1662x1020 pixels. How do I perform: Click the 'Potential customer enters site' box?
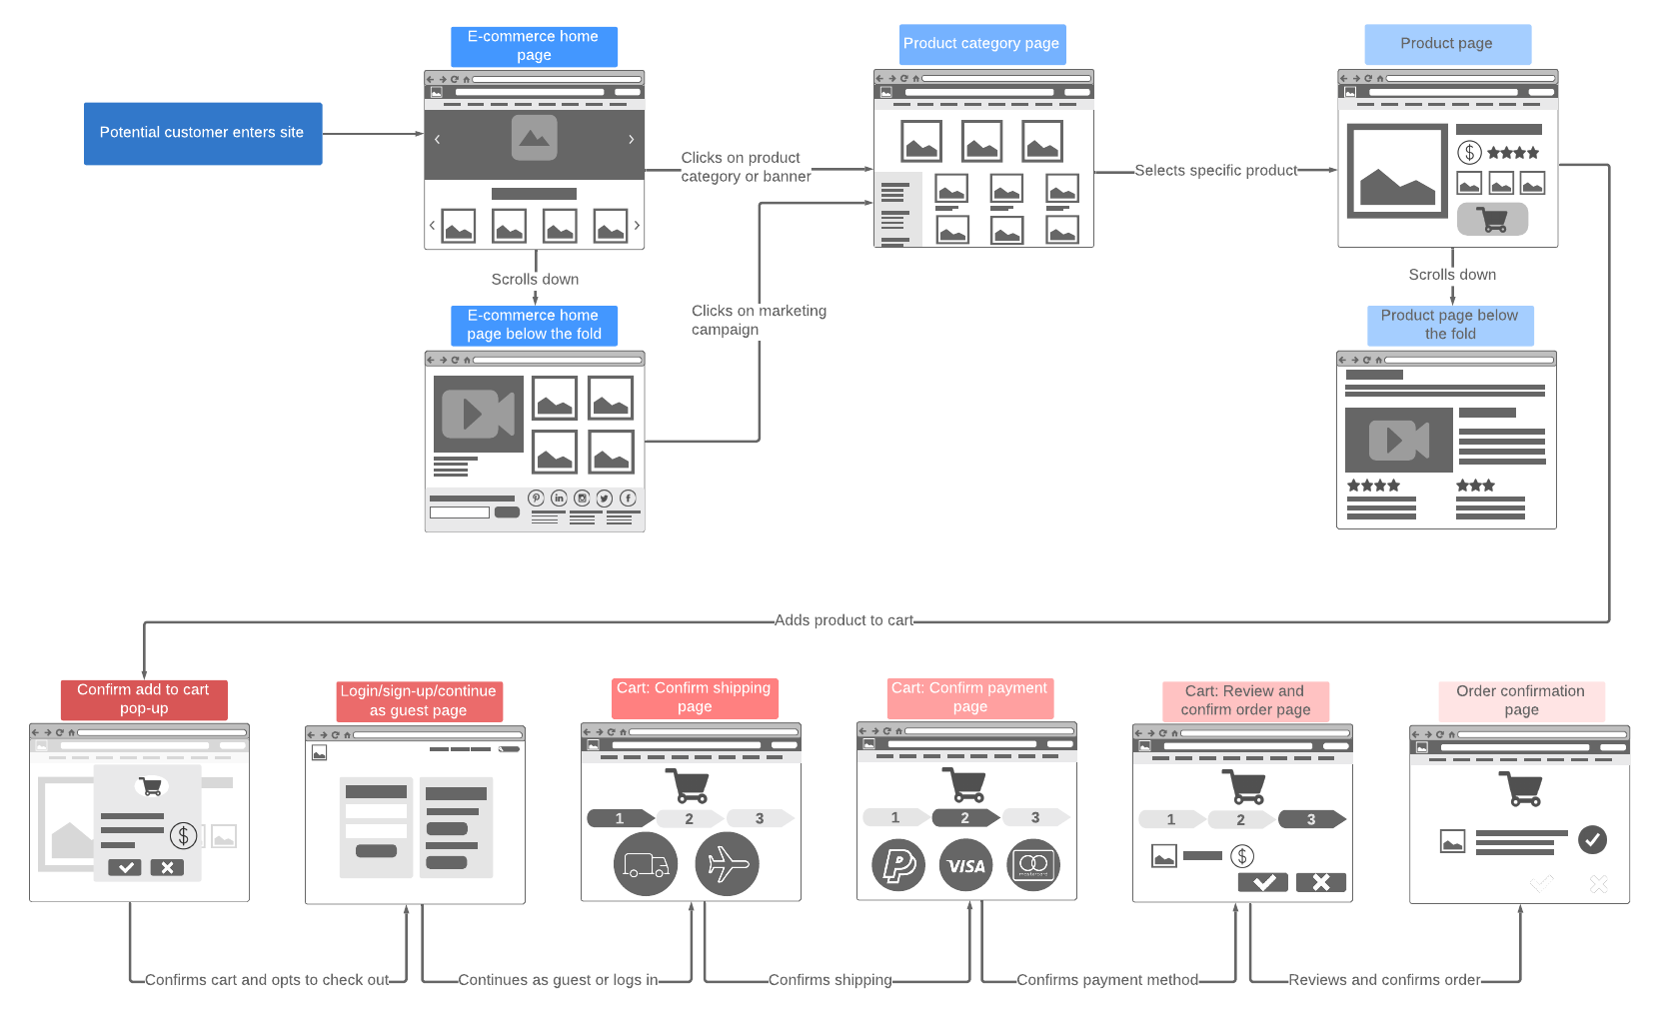202,133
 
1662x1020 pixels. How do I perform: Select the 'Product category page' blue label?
981,44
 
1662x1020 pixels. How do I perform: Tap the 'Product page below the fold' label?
1449,325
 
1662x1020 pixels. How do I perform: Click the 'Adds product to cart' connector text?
843,620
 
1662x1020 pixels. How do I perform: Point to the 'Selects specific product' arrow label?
1215,171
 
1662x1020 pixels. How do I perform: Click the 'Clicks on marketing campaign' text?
758,320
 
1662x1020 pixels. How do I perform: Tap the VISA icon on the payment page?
965,866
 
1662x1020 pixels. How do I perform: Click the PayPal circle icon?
897,865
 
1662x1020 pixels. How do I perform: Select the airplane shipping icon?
727,864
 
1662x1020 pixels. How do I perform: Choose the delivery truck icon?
646,864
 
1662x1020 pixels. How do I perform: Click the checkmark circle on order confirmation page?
1592,839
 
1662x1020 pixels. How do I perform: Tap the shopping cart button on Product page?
1492,219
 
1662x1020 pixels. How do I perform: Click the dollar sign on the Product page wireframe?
1469,153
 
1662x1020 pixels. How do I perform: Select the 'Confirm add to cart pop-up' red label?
144,699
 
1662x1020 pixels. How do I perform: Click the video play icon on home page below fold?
478,414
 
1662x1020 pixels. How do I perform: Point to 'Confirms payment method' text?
1106,980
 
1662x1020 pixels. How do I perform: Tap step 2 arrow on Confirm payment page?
964,818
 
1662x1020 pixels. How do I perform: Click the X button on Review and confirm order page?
1320,882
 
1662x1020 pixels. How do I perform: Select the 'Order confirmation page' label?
1521,700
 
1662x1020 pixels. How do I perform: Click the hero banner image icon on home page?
534,138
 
